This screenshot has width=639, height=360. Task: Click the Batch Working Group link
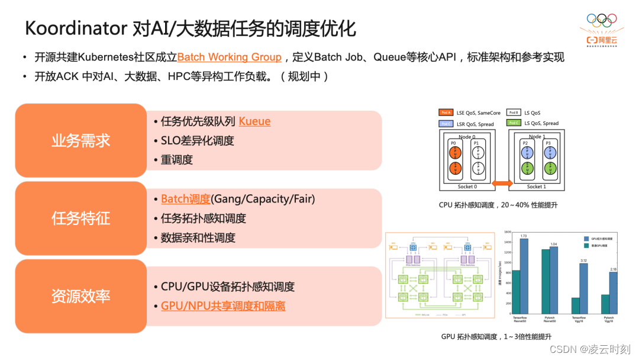(x=229, y=57)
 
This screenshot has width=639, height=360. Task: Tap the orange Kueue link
(x=254, y=121)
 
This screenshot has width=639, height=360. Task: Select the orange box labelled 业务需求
(x=81, y=140)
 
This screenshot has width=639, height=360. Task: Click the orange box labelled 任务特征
(x=81, y=218)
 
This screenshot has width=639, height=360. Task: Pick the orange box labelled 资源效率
(x=81, y=295)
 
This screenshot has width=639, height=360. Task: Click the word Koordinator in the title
(x=76, y=28)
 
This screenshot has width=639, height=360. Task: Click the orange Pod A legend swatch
(x=446, y=112)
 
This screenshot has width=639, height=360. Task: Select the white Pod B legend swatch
(x=514, y=112)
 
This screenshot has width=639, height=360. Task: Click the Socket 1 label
(x=535, y=187)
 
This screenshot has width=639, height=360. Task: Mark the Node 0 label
(x=466, y=137)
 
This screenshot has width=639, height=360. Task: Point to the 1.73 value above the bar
(x=524, y=236)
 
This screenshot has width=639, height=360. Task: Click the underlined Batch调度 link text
(x=186, y=199)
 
